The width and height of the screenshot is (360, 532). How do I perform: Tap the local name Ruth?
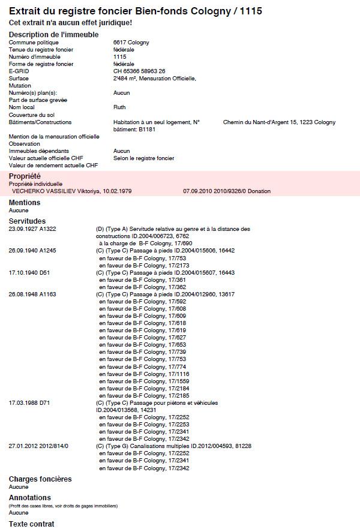pyautogui.click(x=119, y=107)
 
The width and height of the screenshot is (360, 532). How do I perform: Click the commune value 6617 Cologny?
pyautogui.click(x=131, y=43)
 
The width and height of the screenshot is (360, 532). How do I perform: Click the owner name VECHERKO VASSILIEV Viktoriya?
pyautogui.click(x=71, y=191)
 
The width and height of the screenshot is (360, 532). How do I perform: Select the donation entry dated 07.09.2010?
pyautogui.click(x=227, y=191)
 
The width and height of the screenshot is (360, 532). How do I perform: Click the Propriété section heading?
pyautogui.click(x=25, y=176)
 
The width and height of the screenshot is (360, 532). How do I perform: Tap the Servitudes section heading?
pyautogui.click(x=27, y=221)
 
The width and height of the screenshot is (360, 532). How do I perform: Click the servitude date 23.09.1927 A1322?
pyautogui.click(x=32, y=229)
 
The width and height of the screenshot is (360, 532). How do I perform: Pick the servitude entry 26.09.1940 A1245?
pyautogui.click(x=32, y=251)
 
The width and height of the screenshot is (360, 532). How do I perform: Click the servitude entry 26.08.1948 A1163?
pyautogui.click(x=32, y=294)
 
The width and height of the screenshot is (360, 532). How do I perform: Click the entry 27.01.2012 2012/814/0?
pyautogui.click(x=38, y=446)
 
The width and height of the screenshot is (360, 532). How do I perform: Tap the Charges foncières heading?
pyautogui.click(x=40, y=479)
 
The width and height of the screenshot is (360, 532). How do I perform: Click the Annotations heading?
pyautogui.click(x=30, y=498)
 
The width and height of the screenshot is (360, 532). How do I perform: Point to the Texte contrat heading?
pyautogui.click(x=31, y=524)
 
